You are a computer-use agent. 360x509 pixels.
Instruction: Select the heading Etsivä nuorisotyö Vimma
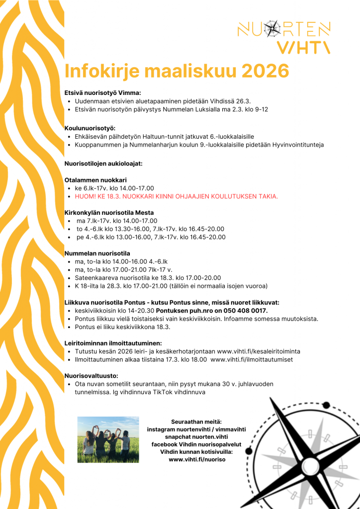pyautogui.click(x=103, y=93)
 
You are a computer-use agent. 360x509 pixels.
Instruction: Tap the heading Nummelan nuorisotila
pyautogui.click(x=97, y=253)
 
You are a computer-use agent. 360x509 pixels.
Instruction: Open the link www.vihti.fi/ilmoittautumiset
pyautogui.click(x=252, y=359)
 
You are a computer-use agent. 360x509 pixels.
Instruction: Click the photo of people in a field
pyautogui.click(x=108, y=436)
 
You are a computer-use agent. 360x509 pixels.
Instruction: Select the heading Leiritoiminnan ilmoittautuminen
pyautogui.click(x=113, y=343)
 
